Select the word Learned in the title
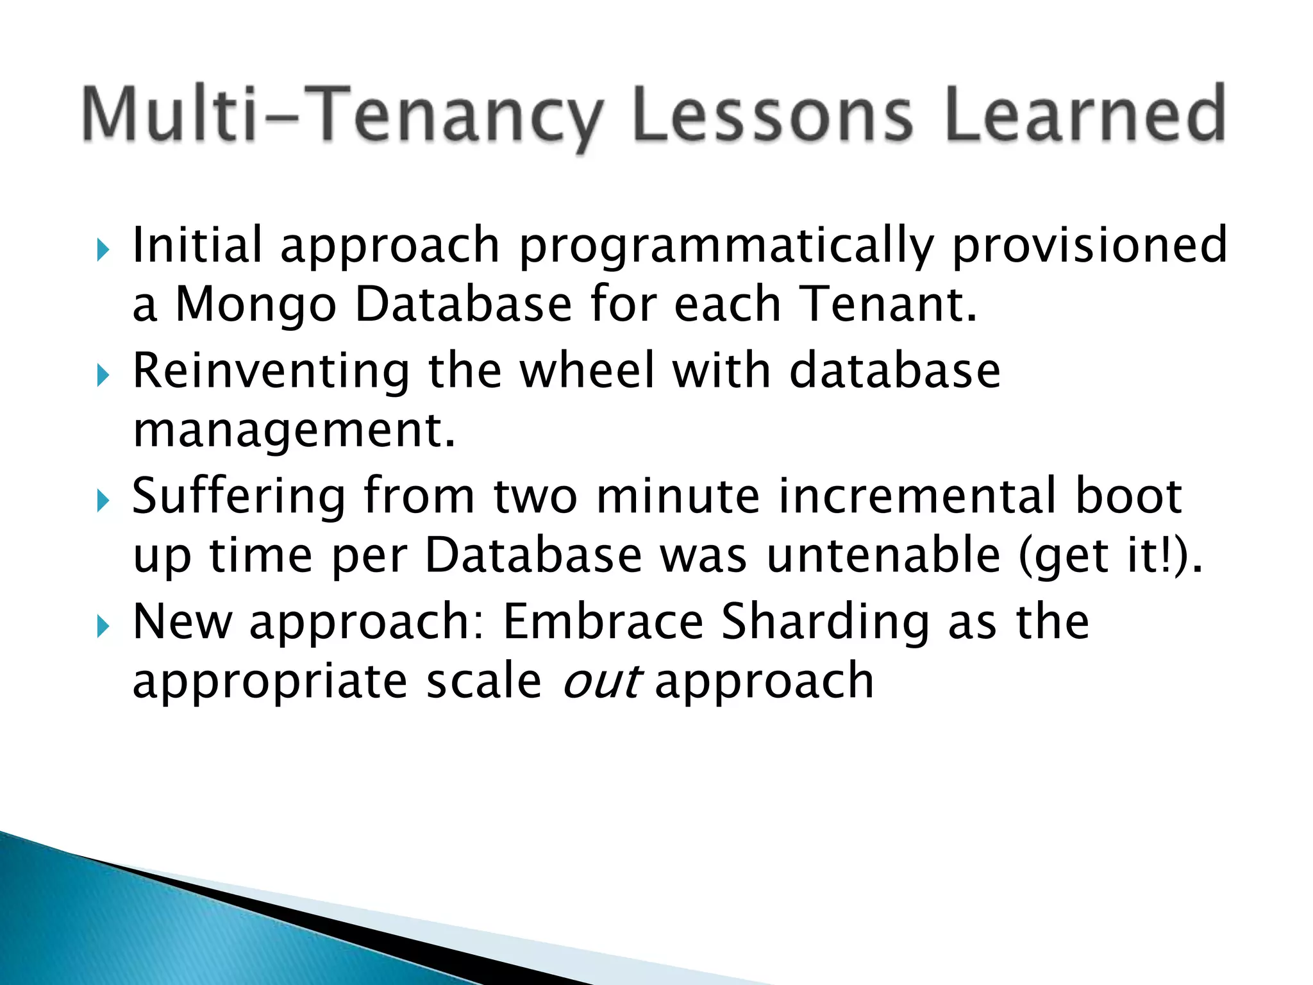point(1084,115)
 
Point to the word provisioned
point(1089,246)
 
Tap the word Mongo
point(256,305)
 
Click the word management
point(293,430)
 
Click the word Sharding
point(824,621)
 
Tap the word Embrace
point(603,621)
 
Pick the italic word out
point(601,681)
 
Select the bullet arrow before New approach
point(103,627)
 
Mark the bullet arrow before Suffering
point(103,501)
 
